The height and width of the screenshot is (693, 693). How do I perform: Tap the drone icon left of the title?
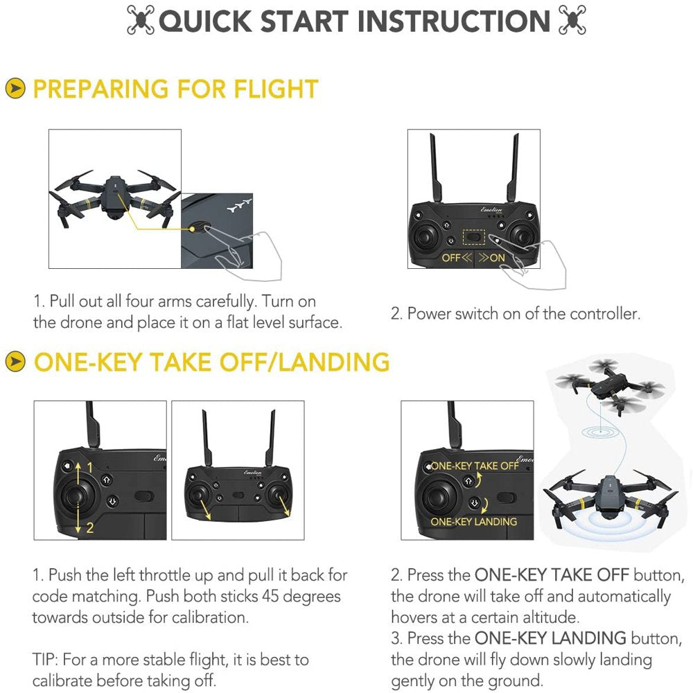[x=141, y=21]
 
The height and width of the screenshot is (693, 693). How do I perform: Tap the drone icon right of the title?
[x=572, y=21]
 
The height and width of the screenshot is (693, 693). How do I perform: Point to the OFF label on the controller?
[x=451, y=258]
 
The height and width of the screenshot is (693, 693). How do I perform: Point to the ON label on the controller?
[x=498, y=258]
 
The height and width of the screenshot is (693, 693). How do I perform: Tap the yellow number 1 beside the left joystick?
[x=89, y=468]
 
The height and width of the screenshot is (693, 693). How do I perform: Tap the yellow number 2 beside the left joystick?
[x=89, y=528]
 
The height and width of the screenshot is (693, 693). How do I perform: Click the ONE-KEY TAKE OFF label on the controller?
[x=475, y=466]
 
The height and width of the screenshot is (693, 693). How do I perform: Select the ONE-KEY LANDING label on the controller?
[x=474, y=521]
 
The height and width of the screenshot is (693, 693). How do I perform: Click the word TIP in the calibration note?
[x=44, y=660]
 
